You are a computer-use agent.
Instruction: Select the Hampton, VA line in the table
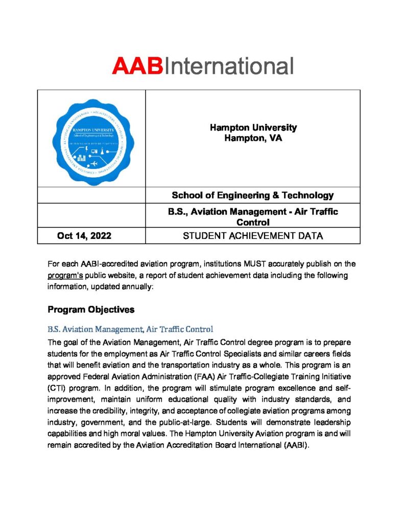[x=253, y=138]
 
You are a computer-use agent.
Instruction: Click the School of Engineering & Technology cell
[x=253, y=195]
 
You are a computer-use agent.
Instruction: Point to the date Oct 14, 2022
[x=84, y=236]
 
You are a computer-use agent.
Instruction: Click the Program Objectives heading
[x=91, y=310]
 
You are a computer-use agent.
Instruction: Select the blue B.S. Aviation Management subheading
[x=130, y=329]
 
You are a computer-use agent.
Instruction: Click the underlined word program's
[x=66, y=275]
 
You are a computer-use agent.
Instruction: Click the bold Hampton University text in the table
[x=253, y=128]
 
